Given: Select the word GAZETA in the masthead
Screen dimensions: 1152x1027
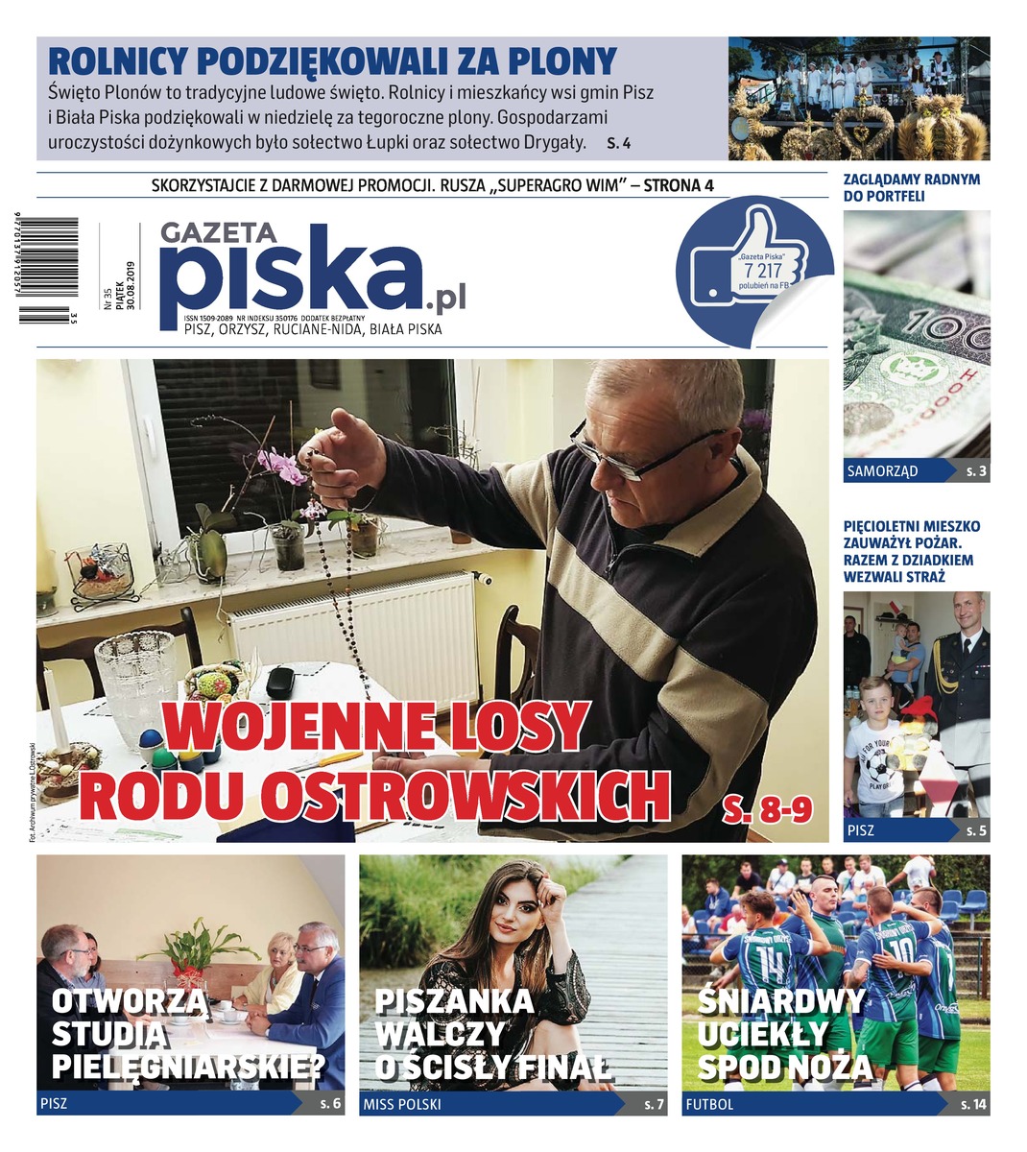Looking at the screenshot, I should coord(218,232).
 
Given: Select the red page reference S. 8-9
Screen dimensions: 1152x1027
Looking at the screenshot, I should coord(767,807).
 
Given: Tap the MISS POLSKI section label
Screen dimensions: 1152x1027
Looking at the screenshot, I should coord(402,1105).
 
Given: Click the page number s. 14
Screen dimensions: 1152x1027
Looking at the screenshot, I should coord(972,1105).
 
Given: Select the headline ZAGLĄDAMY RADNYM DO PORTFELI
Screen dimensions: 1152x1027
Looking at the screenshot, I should coord(897,187).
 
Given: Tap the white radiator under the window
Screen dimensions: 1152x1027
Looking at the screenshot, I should coord(355,629).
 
